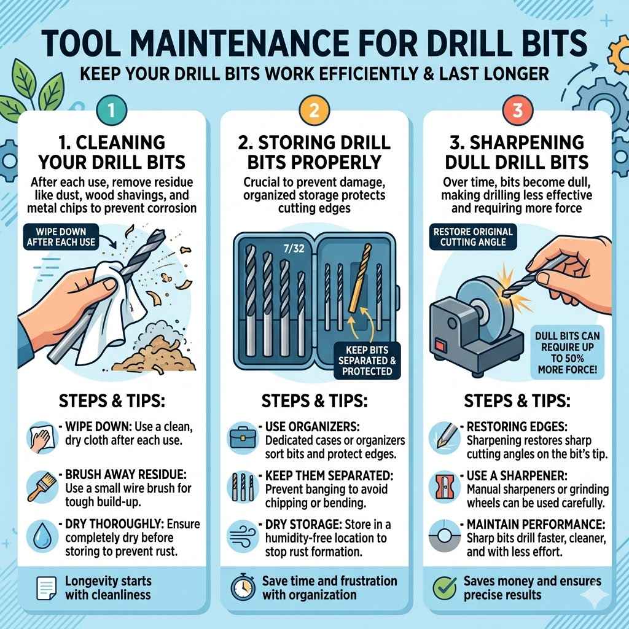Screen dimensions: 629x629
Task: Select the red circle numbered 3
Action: [517, 111]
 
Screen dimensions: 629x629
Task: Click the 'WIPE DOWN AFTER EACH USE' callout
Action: [61, 235]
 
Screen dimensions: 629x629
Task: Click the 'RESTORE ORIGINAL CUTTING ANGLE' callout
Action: [473, 236]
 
